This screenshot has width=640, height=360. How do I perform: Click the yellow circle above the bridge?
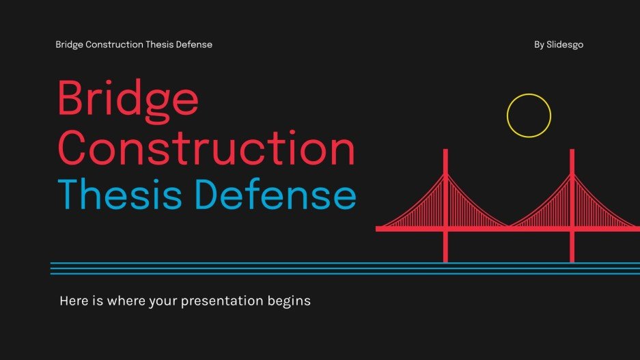coord(529,115)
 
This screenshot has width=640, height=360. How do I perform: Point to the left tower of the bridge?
coord(445,205)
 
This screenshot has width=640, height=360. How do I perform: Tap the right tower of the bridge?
coord(572,205)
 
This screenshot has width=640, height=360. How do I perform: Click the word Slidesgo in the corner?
coord(565,45)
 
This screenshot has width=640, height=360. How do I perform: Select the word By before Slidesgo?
coord(539,45)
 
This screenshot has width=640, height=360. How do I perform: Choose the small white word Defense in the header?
coord(195,45)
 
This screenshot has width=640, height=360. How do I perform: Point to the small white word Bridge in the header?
coord(70,45)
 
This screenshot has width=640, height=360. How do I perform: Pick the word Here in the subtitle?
coord(73,301)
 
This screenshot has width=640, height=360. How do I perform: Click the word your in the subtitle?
coord(165,301)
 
